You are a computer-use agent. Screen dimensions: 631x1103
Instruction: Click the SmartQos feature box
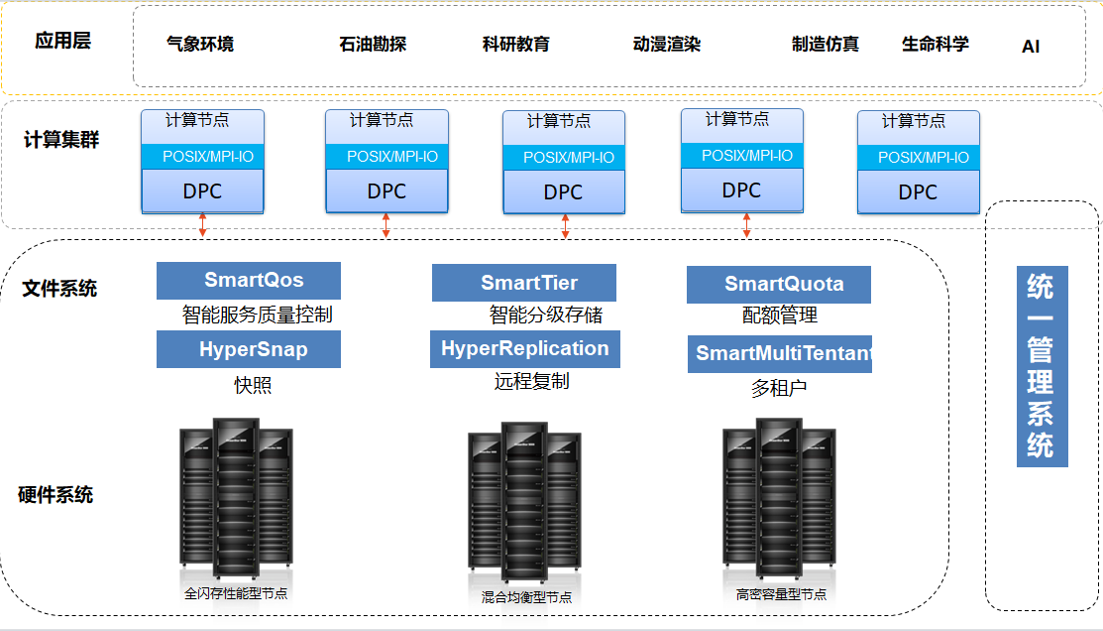(x=249, y=281)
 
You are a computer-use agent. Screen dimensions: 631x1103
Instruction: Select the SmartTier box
(x=523, y=283)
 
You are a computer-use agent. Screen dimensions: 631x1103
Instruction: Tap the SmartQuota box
(x=779, y=285)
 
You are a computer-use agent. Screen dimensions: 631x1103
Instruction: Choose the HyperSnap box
(x=249, y=349)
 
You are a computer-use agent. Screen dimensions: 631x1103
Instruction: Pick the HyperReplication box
(x=524, y=349)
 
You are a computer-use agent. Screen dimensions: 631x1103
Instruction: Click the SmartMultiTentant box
(x=780, y=354)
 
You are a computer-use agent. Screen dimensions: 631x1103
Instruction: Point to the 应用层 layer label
(x=62, y=42)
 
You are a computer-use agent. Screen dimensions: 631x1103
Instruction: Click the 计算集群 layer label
(x=61, y=139)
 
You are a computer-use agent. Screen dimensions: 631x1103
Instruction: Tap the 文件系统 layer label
(x=59, y=289)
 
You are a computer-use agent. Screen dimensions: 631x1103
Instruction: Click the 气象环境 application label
(x=200, y=45)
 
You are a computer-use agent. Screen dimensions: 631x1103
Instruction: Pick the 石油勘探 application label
(x=373, y=45)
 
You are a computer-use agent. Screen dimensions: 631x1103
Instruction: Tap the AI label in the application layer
(x=1031, y=47)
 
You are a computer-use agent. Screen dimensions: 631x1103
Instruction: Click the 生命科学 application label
(x=935, y=45)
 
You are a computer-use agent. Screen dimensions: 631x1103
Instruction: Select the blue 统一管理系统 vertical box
(x=1042, y=366)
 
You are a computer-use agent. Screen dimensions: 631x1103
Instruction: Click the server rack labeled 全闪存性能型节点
(x=236, y=501)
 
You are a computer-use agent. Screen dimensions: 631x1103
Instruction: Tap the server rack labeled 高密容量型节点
(x=779, y=501)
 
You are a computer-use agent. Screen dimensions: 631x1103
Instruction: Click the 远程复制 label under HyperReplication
(x=532, y=381)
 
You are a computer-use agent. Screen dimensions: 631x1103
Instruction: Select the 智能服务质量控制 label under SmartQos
(x=257, y=315)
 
